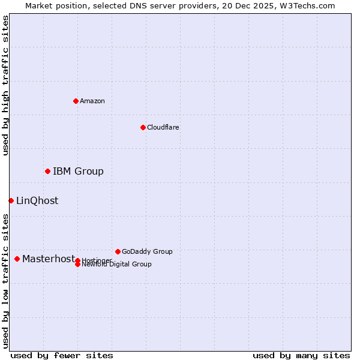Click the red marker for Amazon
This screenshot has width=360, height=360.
click(x=76, y=101)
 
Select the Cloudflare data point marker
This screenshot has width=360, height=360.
click(x=143, y=127)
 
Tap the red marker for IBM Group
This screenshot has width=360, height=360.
click(x=47, y=172)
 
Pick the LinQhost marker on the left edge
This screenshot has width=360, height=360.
click(x=11, y=200)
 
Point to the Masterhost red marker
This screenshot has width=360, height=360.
click(x=17, y=259)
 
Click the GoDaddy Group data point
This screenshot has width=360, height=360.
click(x=118, y=251)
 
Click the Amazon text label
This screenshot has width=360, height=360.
click(x=92, y=101)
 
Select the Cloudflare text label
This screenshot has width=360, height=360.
click(x=163, y=127)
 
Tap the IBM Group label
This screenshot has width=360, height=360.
click(x=78, y=172)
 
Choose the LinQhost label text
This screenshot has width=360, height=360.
click(x=37, y=201)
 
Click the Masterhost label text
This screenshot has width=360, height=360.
click(x=49, y=259)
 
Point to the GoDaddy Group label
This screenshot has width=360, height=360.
click(x=147, y=251)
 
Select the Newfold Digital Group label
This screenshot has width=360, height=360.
click(x=117, y=265)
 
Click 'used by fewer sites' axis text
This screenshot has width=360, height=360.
click(x=62, y=356)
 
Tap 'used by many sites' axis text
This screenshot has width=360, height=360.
click(x=301, y=356)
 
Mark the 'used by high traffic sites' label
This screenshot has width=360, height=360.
click(x=5, y=85)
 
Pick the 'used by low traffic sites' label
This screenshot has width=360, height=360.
click(x=5, y=281)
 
